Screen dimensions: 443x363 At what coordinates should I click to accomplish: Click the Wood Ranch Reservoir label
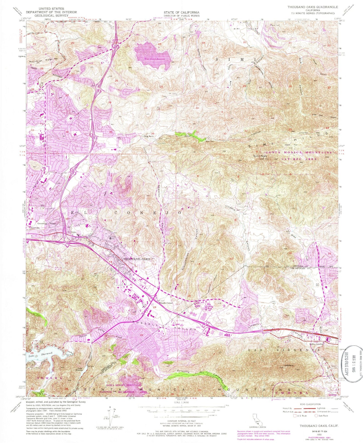151,59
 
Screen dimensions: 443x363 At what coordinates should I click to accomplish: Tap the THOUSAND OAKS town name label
136,259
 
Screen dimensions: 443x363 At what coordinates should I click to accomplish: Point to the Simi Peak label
259,156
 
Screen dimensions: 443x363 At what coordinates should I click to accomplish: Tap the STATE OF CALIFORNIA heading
182,12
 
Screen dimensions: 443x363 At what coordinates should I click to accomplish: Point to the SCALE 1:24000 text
181,410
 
